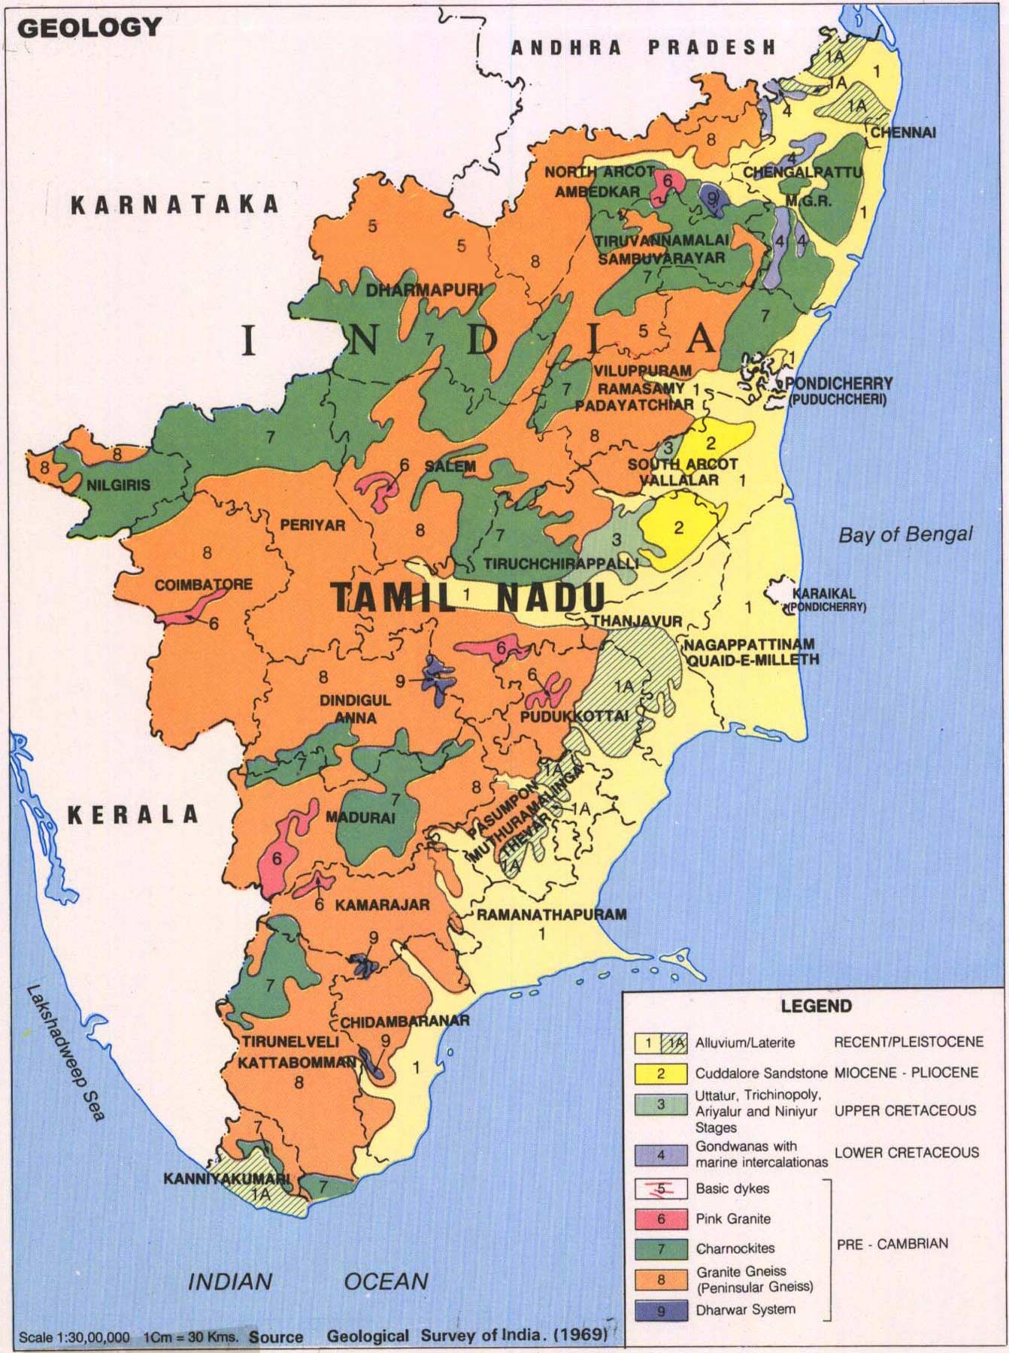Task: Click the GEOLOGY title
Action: click(89, 28)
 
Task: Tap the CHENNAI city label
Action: click(903, 132)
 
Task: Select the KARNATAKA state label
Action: click(174, 205)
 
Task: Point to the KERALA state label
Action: click(133, 814)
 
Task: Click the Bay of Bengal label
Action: click(905, 535)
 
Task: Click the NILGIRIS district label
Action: click(118, 485)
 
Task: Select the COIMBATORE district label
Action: click(203, 584)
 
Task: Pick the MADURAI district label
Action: click(360, 818)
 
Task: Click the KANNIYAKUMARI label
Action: click(226, 1179)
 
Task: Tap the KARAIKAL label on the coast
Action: click(823, 593)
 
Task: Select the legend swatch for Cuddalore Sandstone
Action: click(661, 1073)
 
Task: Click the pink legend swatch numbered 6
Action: click(661, 1219)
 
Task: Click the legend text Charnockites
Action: click(735, 1249)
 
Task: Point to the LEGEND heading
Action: click(816, 1006)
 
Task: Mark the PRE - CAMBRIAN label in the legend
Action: click(892, 1244)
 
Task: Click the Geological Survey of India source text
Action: click(466, 1336)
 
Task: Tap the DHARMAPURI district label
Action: click(421, 290)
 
